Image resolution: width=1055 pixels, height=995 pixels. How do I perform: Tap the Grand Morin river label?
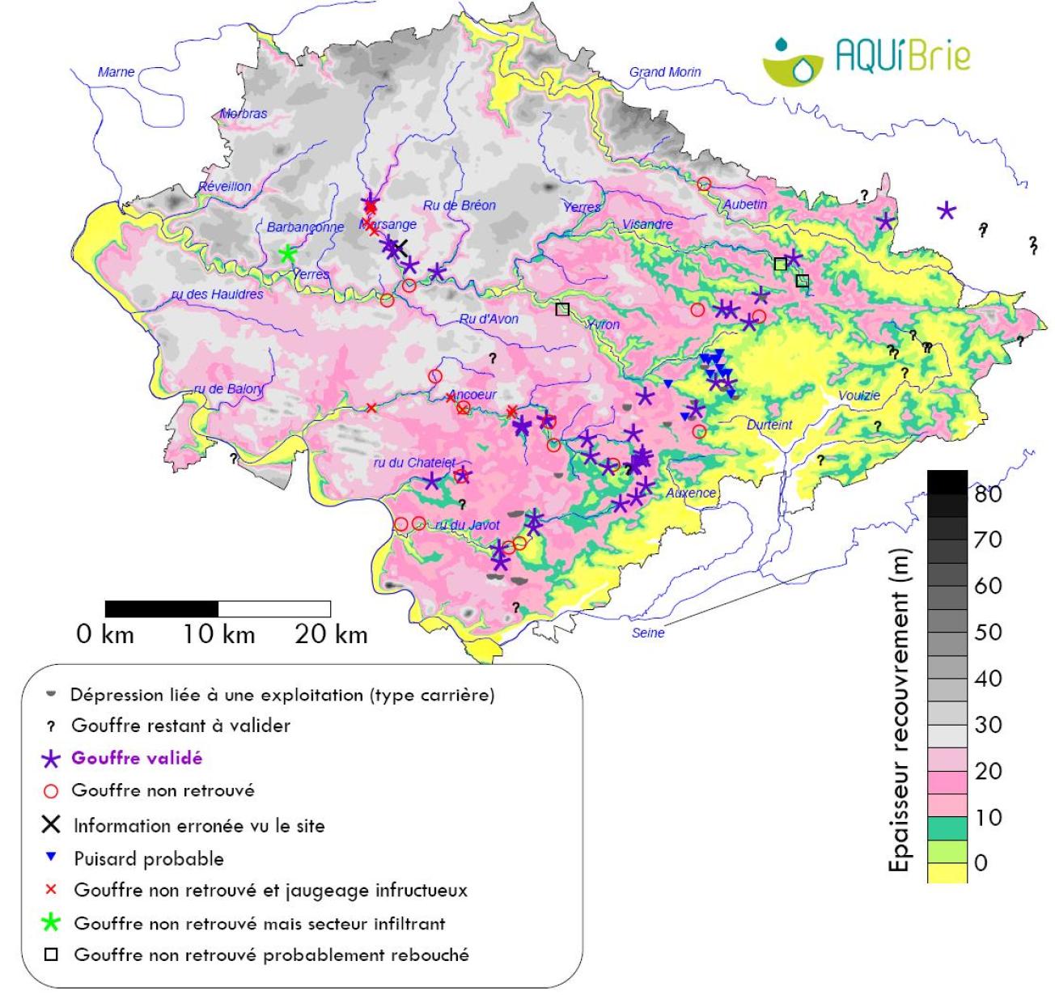665,72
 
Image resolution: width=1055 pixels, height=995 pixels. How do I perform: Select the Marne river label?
116,72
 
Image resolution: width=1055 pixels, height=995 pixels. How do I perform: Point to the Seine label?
647,633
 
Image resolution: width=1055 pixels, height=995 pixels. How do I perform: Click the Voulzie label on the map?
858,395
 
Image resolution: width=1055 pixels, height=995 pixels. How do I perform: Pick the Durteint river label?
769,425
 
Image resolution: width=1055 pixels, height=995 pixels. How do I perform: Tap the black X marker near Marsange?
399,247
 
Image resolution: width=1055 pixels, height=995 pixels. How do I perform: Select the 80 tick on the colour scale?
988,493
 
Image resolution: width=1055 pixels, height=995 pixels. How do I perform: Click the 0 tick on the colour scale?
981,863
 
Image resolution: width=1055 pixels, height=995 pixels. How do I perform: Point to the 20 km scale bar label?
330,634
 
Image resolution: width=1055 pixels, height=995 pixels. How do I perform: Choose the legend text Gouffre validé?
137,758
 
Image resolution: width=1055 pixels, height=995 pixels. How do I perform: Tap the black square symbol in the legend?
51,955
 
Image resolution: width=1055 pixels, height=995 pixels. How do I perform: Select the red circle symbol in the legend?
51,790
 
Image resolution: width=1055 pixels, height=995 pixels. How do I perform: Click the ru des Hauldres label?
217,294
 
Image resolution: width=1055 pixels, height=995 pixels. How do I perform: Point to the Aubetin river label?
744,204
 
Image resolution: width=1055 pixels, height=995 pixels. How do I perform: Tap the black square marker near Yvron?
562,308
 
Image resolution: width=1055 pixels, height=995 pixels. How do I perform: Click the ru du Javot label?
468,525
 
